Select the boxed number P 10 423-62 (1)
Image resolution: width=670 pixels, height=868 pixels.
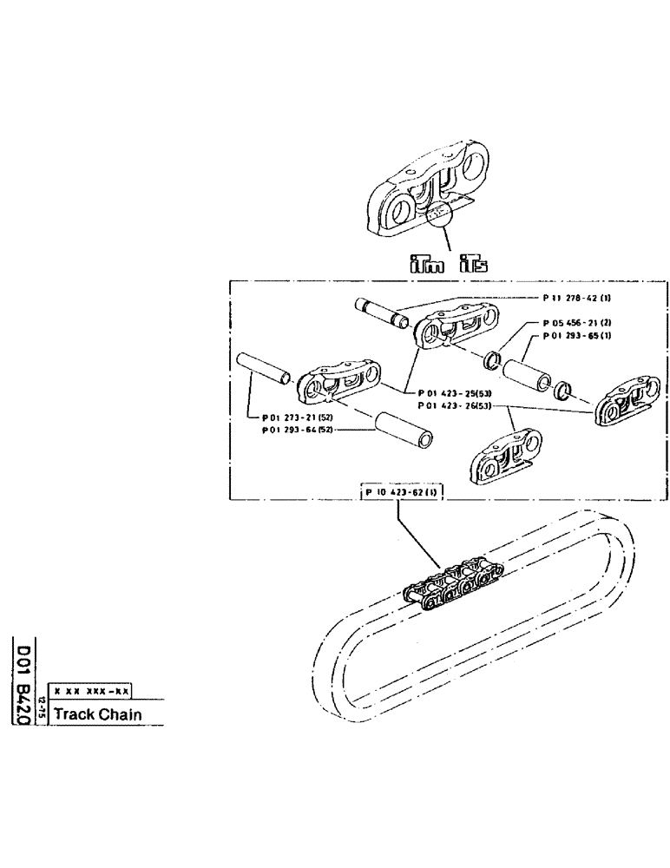point(398,493)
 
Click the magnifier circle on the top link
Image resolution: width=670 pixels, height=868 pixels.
point(440,210)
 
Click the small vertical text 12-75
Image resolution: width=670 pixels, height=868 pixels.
point(42,714)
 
